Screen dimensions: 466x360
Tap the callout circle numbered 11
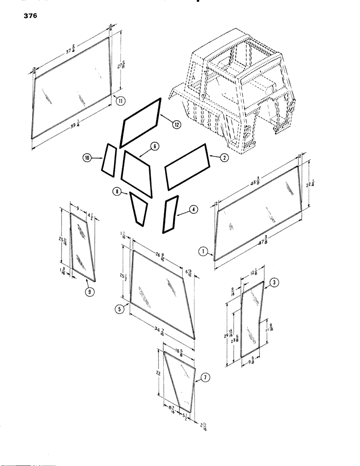tap(121, 101)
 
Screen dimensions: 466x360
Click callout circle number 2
tap(224, 158)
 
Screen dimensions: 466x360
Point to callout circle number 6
tap(155, 146)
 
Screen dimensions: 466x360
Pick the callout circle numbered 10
tap(88, 158)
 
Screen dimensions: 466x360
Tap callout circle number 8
tap(116, 191)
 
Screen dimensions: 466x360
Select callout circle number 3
tap(275, 282)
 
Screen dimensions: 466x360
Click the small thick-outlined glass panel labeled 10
tap(109, 161)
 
